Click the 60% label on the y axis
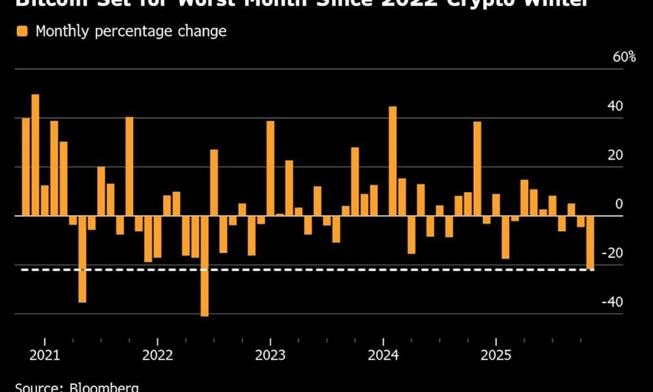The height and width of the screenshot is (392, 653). [624, 57]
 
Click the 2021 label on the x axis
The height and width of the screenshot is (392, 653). [44, 355]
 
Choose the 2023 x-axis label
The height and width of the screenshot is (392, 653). [270, 355]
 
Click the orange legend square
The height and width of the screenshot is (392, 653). [22, 31]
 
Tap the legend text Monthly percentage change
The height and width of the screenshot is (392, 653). [131, 31]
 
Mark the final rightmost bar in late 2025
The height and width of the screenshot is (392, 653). [590, 242]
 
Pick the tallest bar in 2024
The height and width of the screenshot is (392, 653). [392, 161]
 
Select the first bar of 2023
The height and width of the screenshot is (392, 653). [270, 169]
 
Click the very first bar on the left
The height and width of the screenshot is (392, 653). [26, 167]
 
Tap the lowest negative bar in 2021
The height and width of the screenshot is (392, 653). [82, 259]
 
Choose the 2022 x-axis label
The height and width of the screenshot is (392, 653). [157, 355]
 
